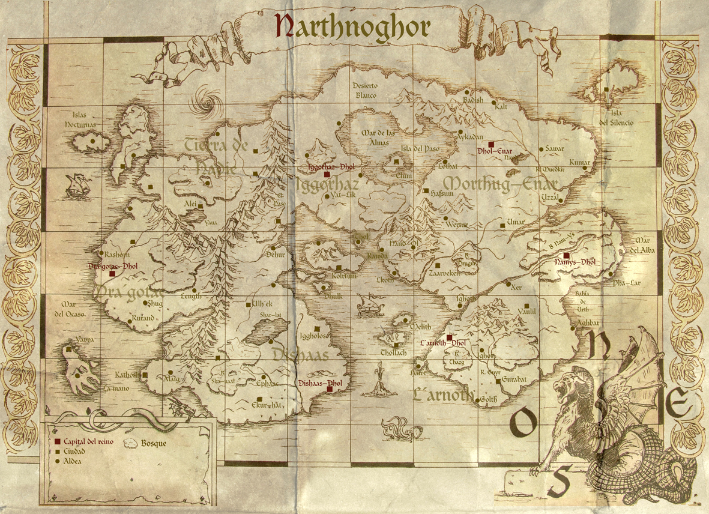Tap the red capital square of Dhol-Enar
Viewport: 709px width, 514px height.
(x=491, y=144)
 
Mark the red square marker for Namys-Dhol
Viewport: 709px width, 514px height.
(x=566, y=255)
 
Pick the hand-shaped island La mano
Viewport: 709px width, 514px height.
(x=81, y=372)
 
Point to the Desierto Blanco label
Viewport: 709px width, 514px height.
(x=365, y=91)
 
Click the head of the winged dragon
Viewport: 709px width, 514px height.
(x=567, y=384)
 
